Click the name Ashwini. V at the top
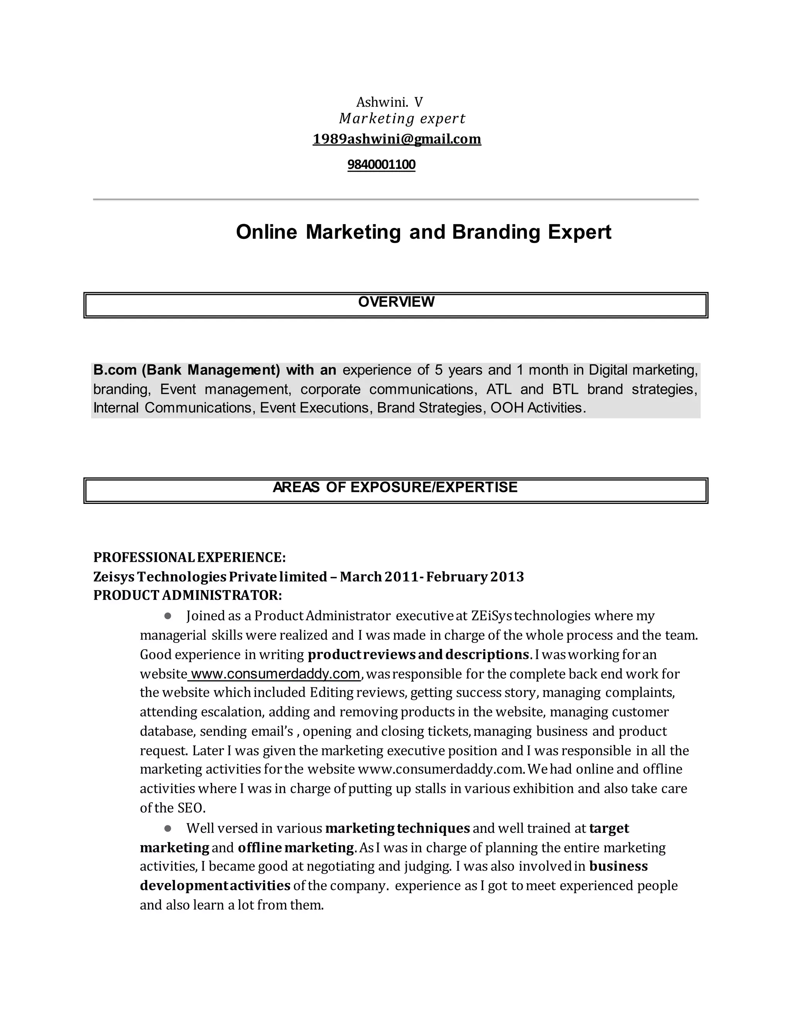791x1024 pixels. (x=389, y=102)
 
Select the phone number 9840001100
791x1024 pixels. (x=381, y=165)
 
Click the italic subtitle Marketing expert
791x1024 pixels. (x=402, y=119)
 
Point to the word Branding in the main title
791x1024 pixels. (x=496, y=232)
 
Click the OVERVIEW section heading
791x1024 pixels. (x=396, y=302)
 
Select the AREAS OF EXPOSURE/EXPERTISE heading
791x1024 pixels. (x=395, y=487)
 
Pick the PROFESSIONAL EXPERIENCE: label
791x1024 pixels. (x=189, y=558)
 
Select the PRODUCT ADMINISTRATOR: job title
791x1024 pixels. (x=187, y=595)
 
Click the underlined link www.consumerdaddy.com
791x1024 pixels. (x=275, y=674)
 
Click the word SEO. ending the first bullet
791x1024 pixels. (x=191, y=808)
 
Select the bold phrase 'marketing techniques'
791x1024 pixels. (x=397, y=828)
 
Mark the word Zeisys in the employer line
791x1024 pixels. (x=114, y=576)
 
